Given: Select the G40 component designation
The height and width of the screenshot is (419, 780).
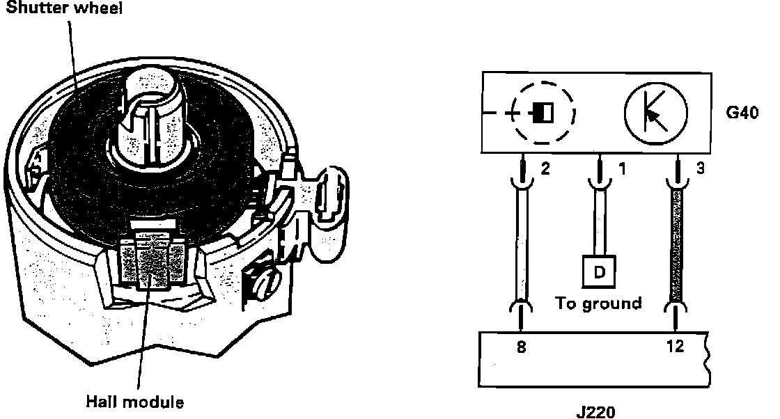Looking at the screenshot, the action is click(742, 112).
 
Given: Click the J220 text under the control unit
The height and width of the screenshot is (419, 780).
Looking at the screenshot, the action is click(596, 412).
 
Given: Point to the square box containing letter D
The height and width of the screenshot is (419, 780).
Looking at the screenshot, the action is click(599, 272).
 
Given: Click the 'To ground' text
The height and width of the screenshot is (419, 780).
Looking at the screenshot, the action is click(598, 303).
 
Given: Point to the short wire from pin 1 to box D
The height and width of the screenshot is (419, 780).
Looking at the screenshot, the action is click(599, 223).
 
